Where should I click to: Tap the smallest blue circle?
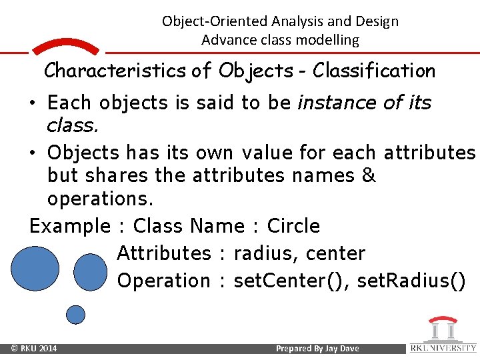coord(77,314)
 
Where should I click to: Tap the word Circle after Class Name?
coord(293,226)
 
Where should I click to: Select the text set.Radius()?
coord(411,281)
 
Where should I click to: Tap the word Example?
coord(69,226)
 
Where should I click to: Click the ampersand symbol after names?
coord(370,175)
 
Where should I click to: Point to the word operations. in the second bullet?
coord(100,199)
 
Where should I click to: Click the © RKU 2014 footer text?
coord(33,349)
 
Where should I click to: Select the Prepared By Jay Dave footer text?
coord(317,349)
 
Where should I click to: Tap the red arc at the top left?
coord(65,45)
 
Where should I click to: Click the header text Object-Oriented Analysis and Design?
coord(280,21)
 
